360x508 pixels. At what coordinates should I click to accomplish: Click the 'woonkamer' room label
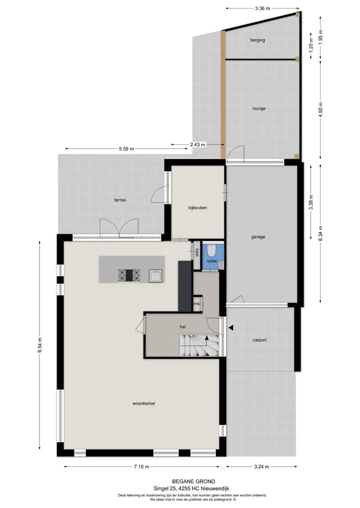coord(143,404)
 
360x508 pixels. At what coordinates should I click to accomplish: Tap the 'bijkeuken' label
coord(197,208)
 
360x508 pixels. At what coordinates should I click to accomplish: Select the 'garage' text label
coord(258,237)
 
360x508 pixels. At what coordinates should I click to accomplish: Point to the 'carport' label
coord(259,340)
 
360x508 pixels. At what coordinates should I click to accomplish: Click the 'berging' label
coord(257,40)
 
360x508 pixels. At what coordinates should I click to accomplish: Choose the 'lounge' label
coord(259,108)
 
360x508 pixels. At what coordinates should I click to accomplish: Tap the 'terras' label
coord(120,200)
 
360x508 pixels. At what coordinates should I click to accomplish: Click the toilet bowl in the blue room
coord(211,250)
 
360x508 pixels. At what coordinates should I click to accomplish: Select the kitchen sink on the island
coord(155,276)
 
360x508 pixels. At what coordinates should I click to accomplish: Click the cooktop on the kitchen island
coord(129,276)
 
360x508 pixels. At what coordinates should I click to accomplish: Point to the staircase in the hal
coord(199,346)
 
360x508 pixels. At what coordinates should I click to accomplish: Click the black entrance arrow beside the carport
coord(230,328)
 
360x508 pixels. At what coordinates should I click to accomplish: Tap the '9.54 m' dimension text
coord(40,346)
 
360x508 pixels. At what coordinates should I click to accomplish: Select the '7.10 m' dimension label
coord(141,467)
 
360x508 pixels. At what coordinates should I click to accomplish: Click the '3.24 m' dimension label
coord(261,467)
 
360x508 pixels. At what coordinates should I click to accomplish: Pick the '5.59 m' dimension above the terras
coord(126,149)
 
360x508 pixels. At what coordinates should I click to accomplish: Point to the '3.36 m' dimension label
coord(262,9)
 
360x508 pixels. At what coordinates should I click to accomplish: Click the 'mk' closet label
coord(196,304)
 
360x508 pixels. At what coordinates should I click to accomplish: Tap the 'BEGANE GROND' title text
coord(193,482)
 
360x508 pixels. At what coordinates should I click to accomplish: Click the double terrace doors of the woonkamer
coord(119,229)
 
